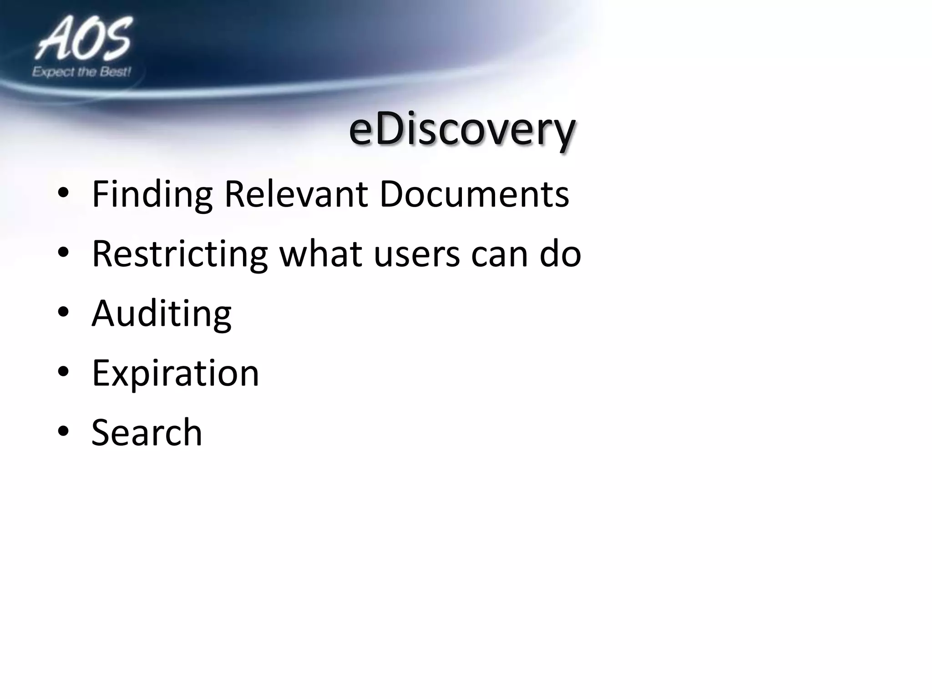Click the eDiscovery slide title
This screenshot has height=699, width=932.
point(462,130)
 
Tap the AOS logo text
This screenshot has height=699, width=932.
point(84,40)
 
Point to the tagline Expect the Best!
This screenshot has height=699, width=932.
point(81,72)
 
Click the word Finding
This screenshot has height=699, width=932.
point(152,195)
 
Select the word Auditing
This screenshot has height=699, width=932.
point(162,314)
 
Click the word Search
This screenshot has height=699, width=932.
point(147,432)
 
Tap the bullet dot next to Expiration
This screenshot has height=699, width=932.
point(63,372)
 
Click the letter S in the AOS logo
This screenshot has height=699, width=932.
point(115,39)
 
